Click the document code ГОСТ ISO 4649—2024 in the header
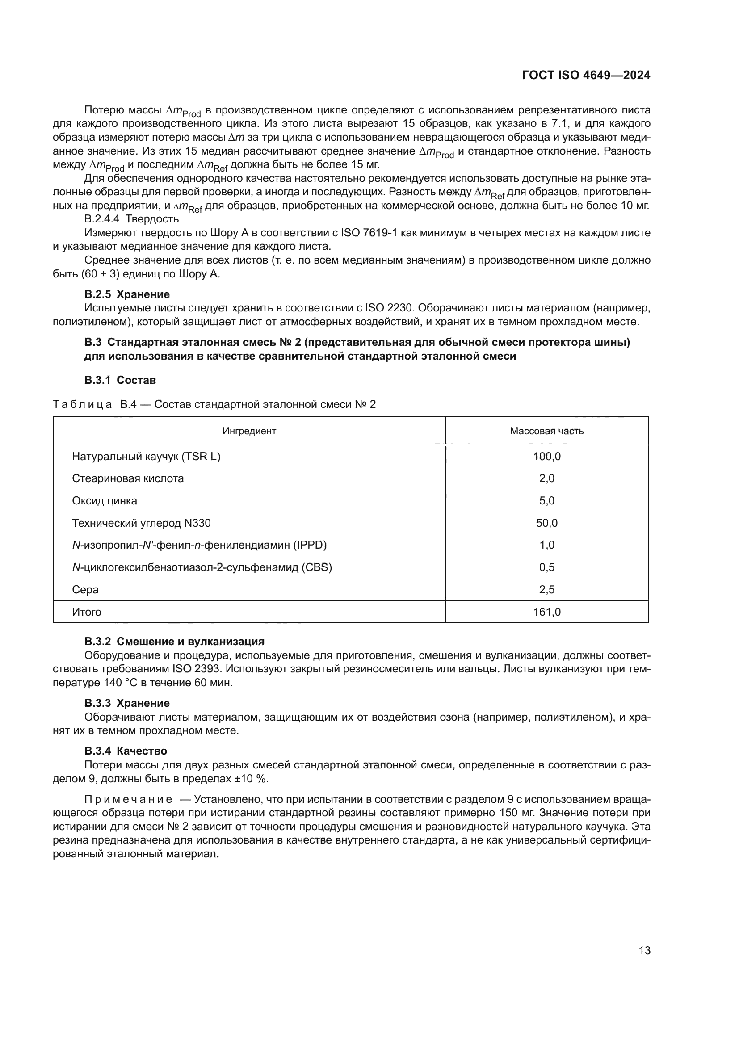click(x=586, y=76)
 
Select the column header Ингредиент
click(x=249, y=431)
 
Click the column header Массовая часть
click(x=546, y=431)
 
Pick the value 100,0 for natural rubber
click(x=546, y=457)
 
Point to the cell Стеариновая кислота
click(x=128, y=478)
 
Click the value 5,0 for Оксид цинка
click(x=546, y=501)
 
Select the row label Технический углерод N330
click(x=141, y=523)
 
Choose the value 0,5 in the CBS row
click(x=546, y=567)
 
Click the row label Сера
click(x=85, y=589)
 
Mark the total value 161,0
click(x=546, y=612)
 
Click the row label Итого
click(x=87, y=612)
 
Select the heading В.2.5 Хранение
click(x=127, y=294)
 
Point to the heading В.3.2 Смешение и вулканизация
click(x=174, y=641)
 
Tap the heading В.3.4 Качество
click(x=126, y=751)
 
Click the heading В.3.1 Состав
click(x=120, y=380)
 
